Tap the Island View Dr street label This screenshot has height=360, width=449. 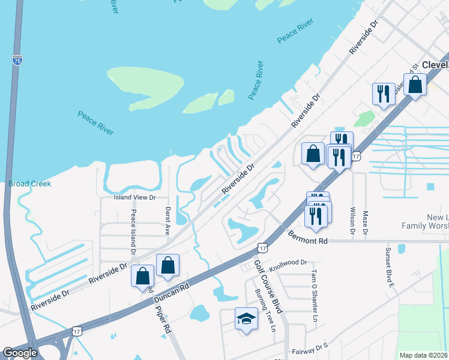click(135, 197)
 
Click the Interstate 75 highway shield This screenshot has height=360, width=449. click(17, 59)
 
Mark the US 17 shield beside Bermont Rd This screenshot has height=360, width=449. click(262, 247)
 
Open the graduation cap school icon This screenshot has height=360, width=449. click(246, 319)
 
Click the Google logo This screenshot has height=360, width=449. click(20, 353)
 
